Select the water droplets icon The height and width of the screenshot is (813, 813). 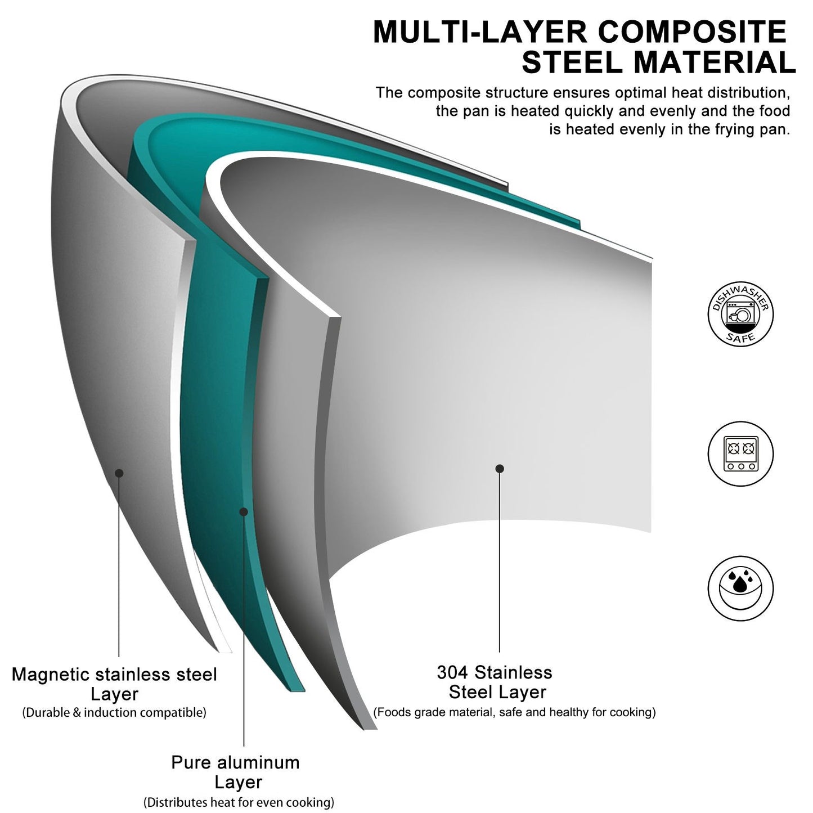click(x=740, y=588)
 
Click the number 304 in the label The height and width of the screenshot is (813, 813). click(x=453, y=672)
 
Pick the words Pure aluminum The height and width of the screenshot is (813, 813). click(x=235, y=762)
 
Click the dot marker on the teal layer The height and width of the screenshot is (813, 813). click(x=244, y=511)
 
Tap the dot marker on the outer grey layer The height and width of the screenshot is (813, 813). click(x=119, y=473)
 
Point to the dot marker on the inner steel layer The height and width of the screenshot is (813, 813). click(x=500, y=469)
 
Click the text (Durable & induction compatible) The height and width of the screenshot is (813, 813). click(x=114, y=712)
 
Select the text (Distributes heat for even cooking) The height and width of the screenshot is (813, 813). click(x=239, y=801)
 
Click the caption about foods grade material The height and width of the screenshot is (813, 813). click(x=514, y=712)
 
